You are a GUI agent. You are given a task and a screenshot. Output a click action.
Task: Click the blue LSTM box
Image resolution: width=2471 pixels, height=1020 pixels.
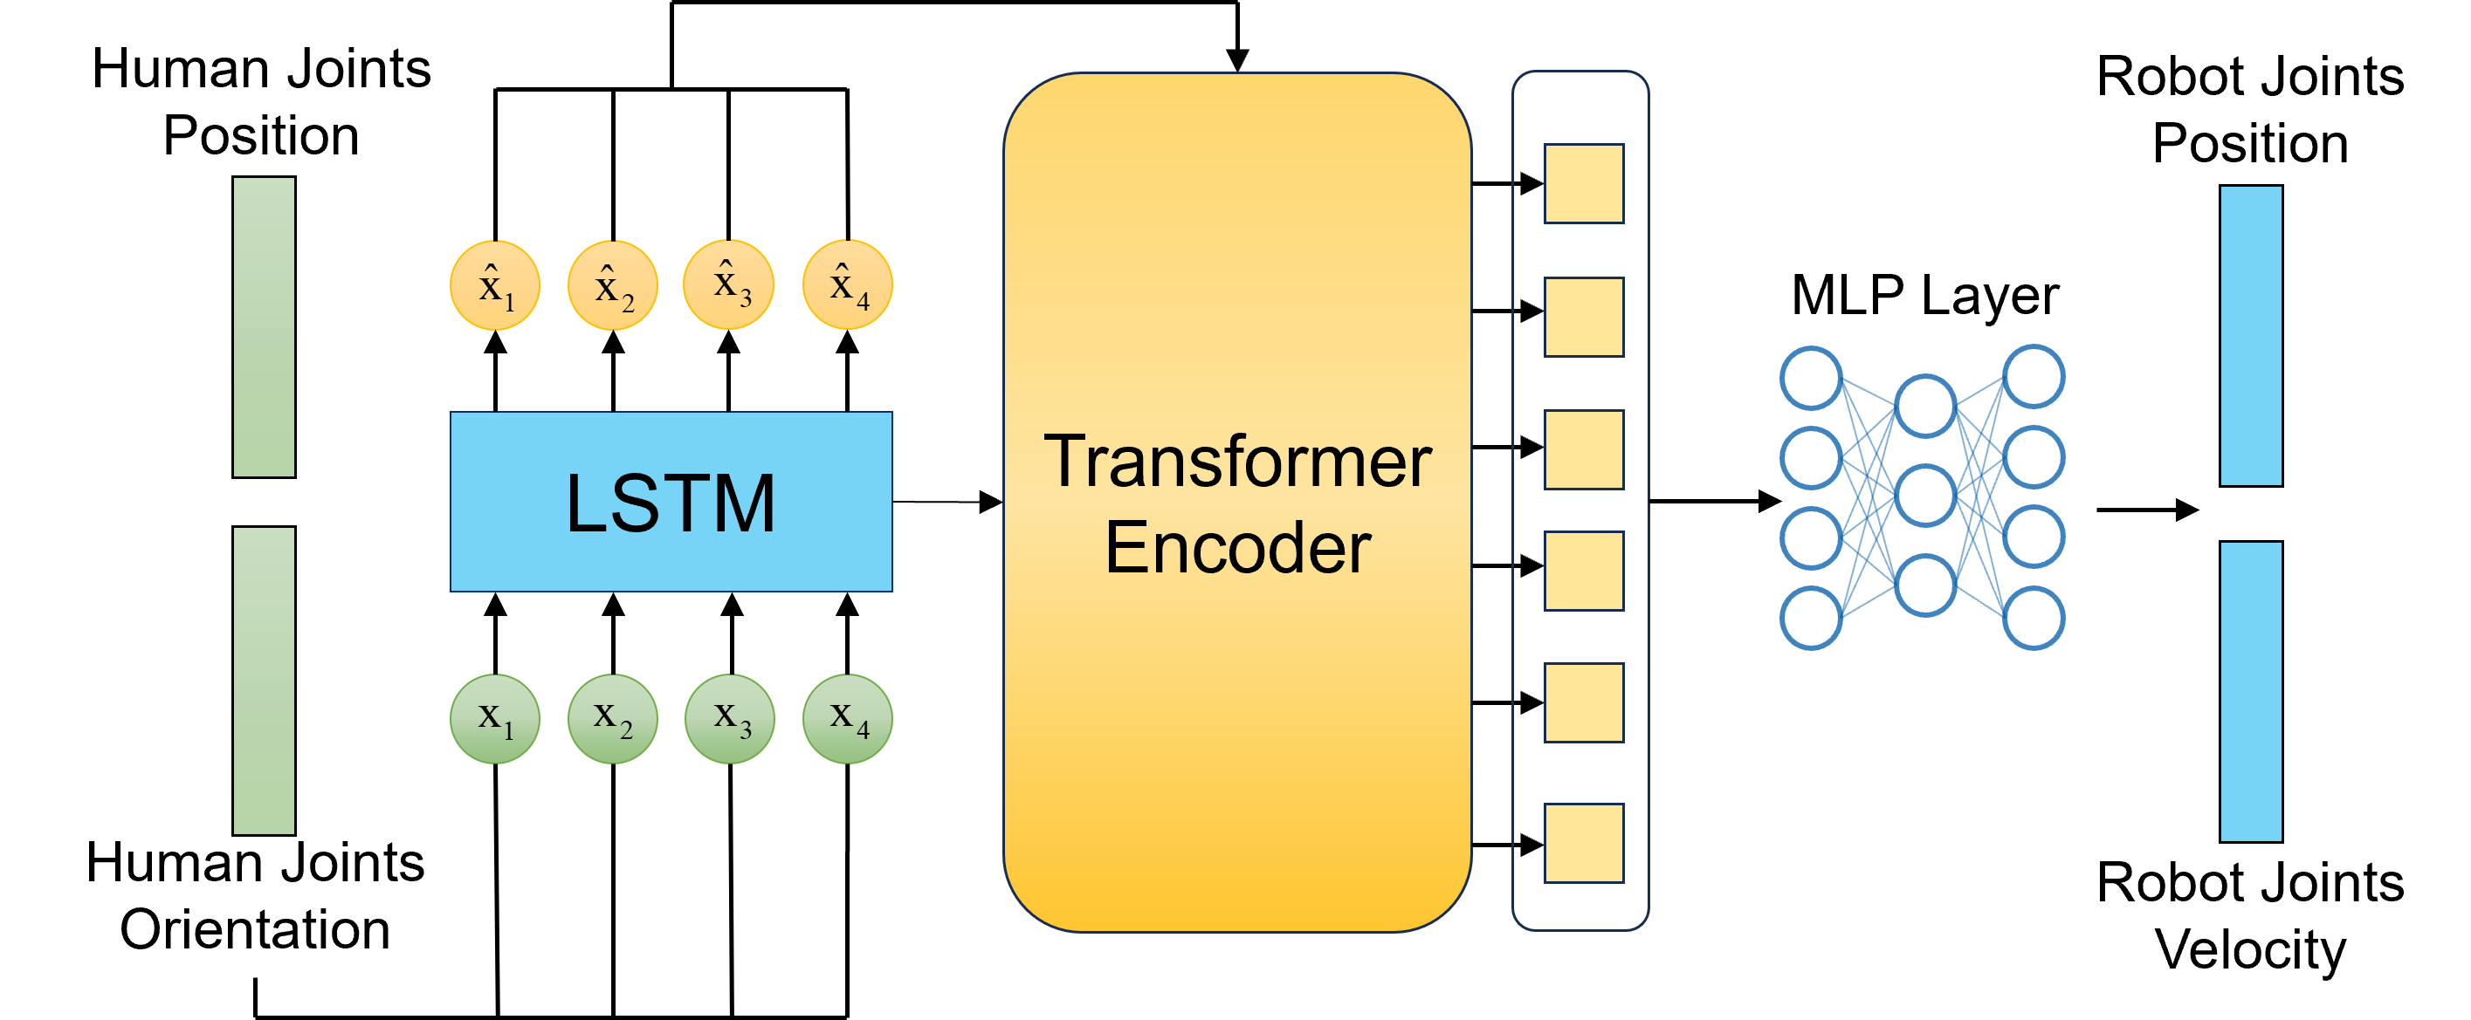click(x=671, y=502)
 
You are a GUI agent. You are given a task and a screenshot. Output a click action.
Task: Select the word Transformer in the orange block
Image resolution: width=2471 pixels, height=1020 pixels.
click(x=1237, y=462)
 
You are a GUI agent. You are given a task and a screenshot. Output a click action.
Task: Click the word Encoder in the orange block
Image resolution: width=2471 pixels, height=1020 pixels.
click(x=1237, y=547)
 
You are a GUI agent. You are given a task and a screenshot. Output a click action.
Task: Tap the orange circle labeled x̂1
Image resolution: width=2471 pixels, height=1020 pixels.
click(x=495, y=285)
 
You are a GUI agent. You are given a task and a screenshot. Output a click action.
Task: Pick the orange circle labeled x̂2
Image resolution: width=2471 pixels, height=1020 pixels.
click(x=613, y=285)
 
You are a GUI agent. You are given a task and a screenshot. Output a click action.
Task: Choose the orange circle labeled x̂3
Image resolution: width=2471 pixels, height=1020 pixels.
click(x=729, y=284)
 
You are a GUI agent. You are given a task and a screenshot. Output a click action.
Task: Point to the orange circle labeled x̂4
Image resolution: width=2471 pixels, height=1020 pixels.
click(x=848, y=284)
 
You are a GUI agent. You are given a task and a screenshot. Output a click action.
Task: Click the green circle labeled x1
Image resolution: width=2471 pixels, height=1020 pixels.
click(x=495, y=719)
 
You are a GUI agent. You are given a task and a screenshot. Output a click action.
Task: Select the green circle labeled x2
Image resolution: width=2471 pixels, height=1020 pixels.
click(x=613, y=719)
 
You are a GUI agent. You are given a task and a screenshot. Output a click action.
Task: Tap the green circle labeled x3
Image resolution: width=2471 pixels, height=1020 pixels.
click(x=730, y=719)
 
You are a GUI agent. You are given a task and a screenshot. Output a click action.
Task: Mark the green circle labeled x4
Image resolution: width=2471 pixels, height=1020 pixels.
click(x=848, y=719)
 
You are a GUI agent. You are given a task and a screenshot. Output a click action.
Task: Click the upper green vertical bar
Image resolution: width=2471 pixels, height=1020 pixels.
click(x=264, y=327)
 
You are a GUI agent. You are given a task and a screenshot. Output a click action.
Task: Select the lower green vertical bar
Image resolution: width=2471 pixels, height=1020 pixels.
click(x=264, y=681)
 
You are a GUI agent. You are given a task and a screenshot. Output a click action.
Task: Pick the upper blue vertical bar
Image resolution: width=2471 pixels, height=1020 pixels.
click(x=2250, y=336)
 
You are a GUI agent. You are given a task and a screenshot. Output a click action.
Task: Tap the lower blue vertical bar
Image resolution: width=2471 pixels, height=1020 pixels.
click(x=2250, y=691)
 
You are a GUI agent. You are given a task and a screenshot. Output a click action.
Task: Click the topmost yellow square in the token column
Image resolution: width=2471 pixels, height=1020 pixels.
click(x=1584, y=184)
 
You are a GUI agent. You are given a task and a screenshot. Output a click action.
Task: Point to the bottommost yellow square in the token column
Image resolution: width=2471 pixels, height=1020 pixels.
click(x=1584, y=843)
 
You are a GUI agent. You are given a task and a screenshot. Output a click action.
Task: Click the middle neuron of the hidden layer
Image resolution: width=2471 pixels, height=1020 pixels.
click(x=1925, y=496)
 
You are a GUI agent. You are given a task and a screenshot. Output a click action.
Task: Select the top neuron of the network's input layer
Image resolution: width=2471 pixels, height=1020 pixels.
click(x=1811, y=378)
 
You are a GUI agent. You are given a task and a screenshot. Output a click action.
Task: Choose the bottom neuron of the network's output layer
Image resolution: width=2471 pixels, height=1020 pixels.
click(x=2034, y=619)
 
